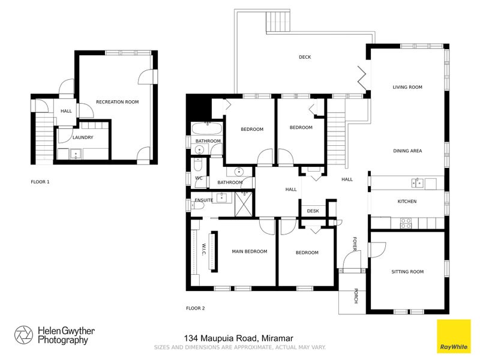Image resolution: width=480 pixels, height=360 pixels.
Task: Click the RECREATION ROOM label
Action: (x=117, y=102)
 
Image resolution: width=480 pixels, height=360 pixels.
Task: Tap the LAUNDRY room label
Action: (x=83, y=137)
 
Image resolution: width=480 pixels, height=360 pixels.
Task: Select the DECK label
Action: (x=305, y=57)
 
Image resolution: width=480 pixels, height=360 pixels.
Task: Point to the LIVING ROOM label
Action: (x=407, y=87)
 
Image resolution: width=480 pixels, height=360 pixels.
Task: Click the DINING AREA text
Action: (x=407, y=151)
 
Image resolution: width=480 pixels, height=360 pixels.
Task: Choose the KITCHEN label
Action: (x=407, y=201)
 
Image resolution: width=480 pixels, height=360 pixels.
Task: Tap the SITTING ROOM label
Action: (x=407, y=272)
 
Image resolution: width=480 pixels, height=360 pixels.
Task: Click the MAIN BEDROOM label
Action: (x=250, y=251)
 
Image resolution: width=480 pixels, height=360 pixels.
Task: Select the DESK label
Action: (x=313, y=211)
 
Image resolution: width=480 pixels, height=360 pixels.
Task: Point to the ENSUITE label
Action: (x=204, y=200)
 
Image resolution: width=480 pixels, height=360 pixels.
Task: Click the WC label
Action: (x=199, y=178)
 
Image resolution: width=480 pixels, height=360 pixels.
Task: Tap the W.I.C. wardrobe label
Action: (x=203, y=252)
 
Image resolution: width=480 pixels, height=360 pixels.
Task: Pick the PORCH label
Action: (x=356, y=296)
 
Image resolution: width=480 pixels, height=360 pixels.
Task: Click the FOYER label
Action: (x=355, y=244)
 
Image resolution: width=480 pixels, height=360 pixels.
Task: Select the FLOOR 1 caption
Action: (x=40, y=181)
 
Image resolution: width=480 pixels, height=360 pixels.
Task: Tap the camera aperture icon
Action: (x=23, y=335)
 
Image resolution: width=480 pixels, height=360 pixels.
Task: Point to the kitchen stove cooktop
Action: (x=406, y=221)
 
